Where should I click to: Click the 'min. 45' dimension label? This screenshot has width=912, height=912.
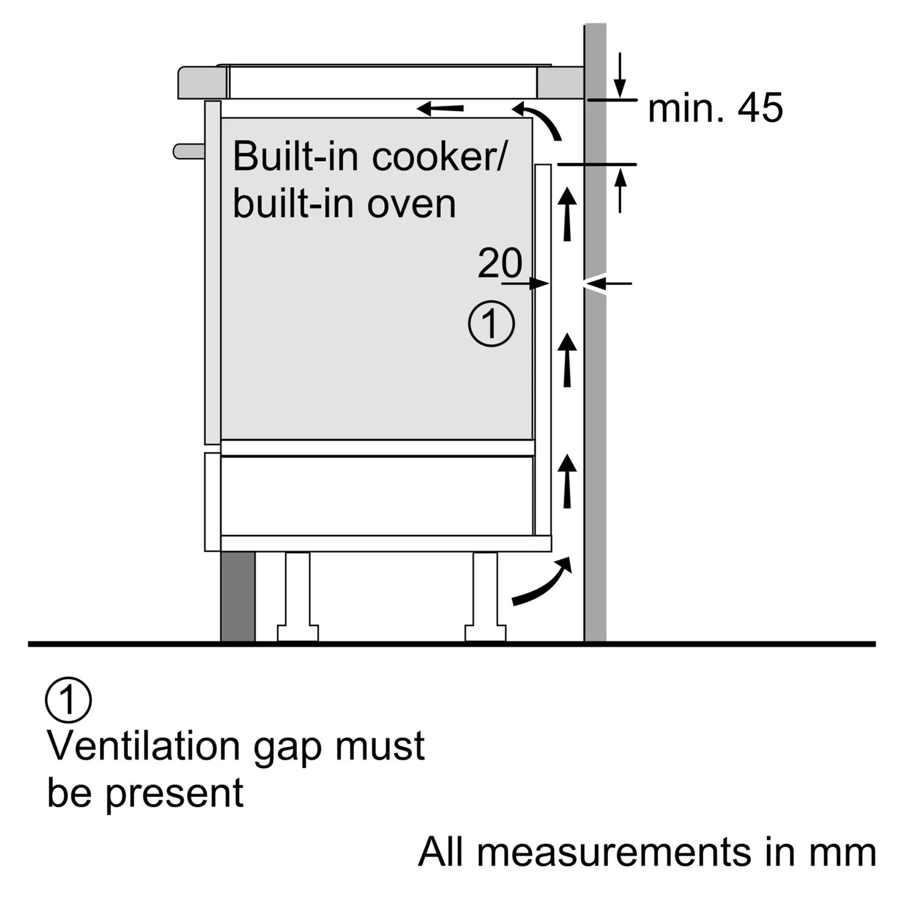(x=715, y=108)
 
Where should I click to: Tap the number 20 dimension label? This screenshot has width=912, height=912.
(x=500, y=263)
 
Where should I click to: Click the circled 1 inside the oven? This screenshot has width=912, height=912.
(x=491, y=323)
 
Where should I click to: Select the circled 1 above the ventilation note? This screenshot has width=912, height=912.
(x=68, y=700)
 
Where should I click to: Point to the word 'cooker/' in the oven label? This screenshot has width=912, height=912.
(x=438, y=156)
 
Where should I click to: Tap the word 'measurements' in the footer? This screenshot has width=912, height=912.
(x=613, y=852)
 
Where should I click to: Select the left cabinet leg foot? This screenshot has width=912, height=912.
(x=298, y=632)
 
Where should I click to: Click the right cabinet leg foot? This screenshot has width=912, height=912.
(x=485, y=632)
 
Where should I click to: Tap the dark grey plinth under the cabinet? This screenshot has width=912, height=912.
(x=238, y=596)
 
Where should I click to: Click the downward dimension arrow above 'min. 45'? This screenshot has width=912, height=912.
(x=620, y=75)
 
